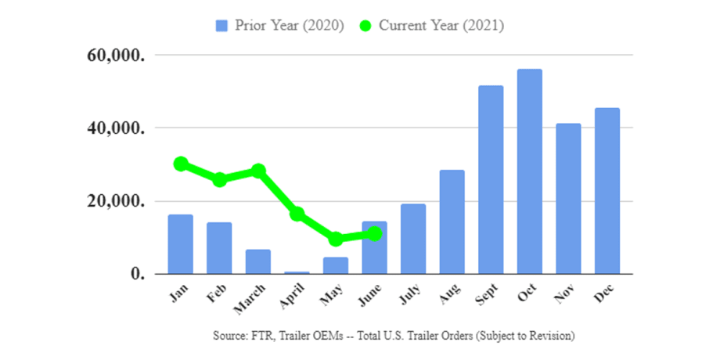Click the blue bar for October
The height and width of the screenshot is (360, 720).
[x=530, y=171]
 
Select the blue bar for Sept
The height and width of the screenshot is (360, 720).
[x=491, y=180]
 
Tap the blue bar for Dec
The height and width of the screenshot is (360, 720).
[x=607, y=191]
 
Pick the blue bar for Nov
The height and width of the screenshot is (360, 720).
[x=568, y=199]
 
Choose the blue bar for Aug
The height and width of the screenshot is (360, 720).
[x=452, y=222]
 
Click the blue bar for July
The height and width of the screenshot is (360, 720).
[x=413, y=239]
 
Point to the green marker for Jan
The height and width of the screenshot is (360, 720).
[x=181, y=164]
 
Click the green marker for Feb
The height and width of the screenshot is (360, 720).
[x=220, y=179]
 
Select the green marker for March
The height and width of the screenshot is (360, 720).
[x=258, y=171]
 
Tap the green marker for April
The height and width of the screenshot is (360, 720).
[x=297, y=214]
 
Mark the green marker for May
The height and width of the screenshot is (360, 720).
[x=336, y=239]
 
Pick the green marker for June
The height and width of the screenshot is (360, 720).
[x=375, y=233]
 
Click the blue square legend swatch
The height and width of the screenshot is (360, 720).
[x=221, y=26]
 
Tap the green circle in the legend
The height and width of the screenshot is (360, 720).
[x=365, y=26]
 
